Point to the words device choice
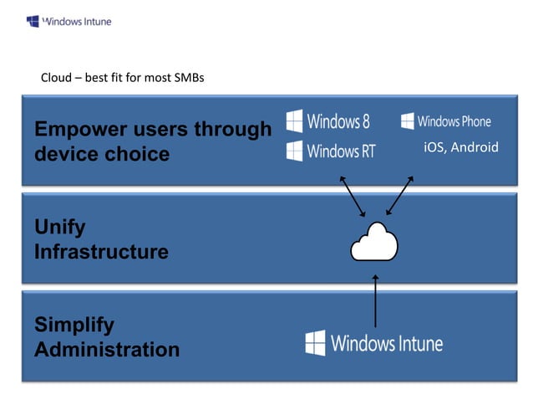[102, 154]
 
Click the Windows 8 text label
[338, 121]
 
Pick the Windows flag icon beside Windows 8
[294, 121]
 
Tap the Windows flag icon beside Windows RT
[294, 151]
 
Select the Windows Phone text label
[454, 121]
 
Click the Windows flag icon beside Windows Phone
[407, 121]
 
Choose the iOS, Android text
[460, 148]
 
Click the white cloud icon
[373, 243]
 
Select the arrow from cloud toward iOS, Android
[400, 196]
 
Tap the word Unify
[59, 227]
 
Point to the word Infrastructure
[101, 252]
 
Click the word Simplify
[74, 325]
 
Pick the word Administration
[107, 350]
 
